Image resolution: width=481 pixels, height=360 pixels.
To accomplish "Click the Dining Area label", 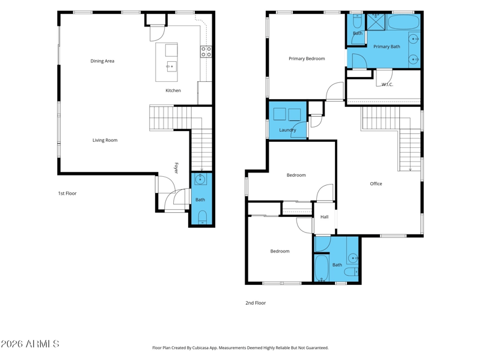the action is [x=102, y=61].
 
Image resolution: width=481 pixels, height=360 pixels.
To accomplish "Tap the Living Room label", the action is [x=105, y=140].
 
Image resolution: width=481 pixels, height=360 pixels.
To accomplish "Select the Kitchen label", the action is [x=173, y=91].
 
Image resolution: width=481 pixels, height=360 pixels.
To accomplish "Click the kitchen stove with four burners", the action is [x=206, y=52].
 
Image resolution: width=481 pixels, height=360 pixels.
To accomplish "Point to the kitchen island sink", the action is [x=171, y=66].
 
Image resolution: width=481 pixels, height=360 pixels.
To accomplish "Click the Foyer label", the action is [x=176, y=168].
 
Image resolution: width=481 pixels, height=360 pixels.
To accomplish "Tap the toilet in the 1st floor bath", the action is [x=202, y=217].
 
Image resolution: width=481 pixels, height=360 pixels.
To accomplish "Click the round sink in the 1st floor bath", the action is [x=201, y=179].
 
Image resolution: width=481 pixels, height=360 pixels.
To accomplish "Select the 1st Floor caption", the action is [x=67, y=194].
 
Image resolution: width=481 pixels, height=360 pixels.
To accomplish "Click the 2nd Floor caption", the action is [x=256, y=303].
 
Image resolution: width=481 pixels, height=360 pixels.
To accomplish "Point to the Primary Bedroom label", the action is [x=307, y=58].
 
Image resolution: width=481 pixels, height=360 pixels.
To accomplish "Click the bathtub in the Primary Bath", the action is [x=403, y=22].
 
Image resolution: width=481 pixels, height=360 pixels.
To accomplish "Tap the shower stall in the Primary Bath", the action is [x=376, y=22].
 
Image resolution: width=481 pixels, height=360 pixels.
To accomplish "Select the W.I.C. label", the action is [x=387, y=85].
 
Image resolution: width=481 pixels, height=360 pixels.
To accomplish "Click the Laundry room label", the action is [x=287, y=130].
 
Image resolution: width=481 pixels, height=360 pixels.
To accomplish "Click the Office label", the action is [x=376, y=184].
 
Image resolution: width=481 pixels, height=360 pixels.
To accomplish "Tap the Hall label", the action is [x=324, y=217].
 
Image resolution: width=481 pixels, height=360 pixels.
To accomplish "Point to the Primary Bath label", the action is [x=387, y=47].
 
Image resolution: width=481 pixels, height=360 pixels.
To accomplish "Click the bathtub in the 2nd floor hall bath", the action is [x=322, y=268].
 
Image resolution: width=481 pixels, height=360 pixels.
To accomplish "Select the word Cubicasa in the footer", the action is [x=201, y=348].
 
